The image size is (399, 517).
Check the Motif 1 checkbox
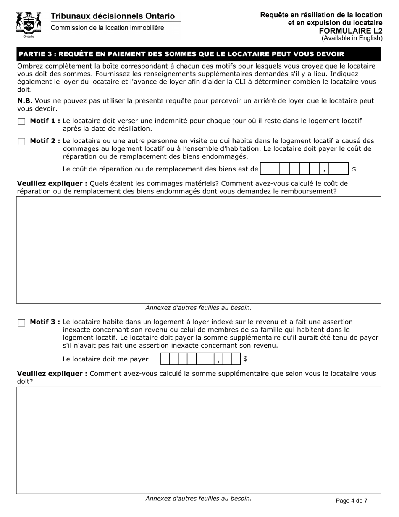[x=22, y=121]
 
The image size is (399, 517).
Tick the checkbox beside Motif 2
[x=22, y=142]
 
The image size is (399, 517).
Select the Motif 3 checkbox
[x=22, y=323]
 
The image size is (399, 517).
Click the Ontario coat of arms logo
[x=29, y=24]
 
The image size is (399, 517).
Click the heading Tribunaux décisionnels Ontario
[x=113, y=16]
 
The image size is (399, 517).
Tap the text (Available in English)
[x=352, y=38]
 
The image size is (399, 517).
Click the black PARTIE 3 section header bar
[x=199, y=54]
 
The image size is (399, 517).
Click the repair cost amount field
[x=304, y=169]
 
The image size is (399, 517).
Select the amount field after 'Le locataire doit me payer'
[x=201, y=359]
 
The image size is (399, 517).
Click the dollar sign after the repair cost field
[x=354, y=169]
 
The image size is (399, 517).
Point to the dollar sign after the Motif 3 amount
[x=245, y=359]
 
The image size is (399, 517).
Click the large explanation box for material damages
[x=199, y=250]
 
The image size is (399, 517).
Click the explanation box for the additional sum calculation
[x=199, y=440]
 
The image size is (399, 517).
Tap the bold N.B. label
[x=25, y=101]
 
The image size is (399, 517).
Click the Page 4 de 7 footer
[x=352, y=500]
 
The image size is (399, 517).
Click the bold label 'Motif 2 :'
[x=45, y=141]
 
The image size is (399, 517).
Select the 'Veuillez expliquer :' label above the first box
[x=52, y=183]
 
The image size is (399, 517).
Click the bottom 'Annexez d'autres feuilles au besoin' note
[x=199, y=499]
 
